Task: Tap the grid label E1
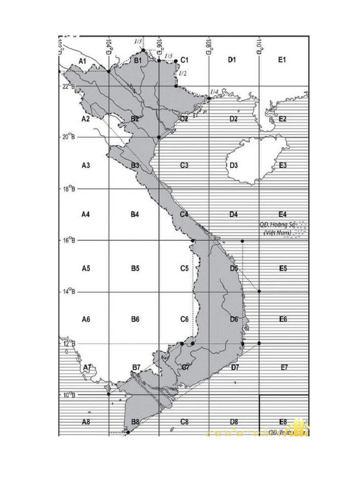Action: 282,60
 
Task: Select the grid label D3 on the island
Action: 234,165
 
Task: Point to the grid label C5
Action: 184,269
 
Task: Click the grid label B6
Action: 135,319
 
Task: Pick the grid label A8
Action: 85,422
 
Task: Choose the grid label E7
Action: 284,367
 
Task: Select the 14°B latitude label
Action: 68,292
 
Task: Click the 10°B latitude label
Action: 68,395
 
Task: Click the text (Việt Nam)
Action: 277,232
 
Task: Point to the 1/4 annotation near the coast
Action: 214,92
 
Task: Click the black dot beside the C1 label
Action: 176,61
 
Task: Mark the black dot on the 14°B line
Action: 259,291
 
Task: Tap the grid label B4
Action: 135,214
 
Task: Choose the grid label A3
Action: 85,165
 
